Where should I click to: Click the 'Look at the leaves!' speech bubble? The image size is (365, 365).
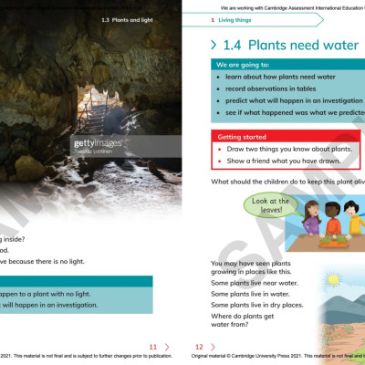pyautogui.click(x=271, y=205)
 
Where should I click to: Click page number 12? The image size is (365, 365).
pyautogui.click(x=199, y=347)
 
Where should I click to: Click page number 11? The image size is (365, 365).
pyautogui.click(x=153, y=347)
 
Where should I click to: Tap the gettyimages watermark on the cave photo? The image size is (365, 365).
pyautogui.click(x=98, y=143)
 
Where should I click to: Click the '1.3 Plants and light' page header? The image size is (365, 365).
pyautogui.click(x=127, y=19)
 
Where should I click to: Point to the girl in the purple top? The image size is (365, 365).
pyautogui.click(x=308, y=224)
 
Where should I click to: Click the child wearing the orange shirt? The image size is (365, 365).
pyautogui.click(x=331, y=224)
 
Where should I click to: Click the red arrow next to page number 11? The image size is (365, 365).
pyautogui.click(x=167, y=347)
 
